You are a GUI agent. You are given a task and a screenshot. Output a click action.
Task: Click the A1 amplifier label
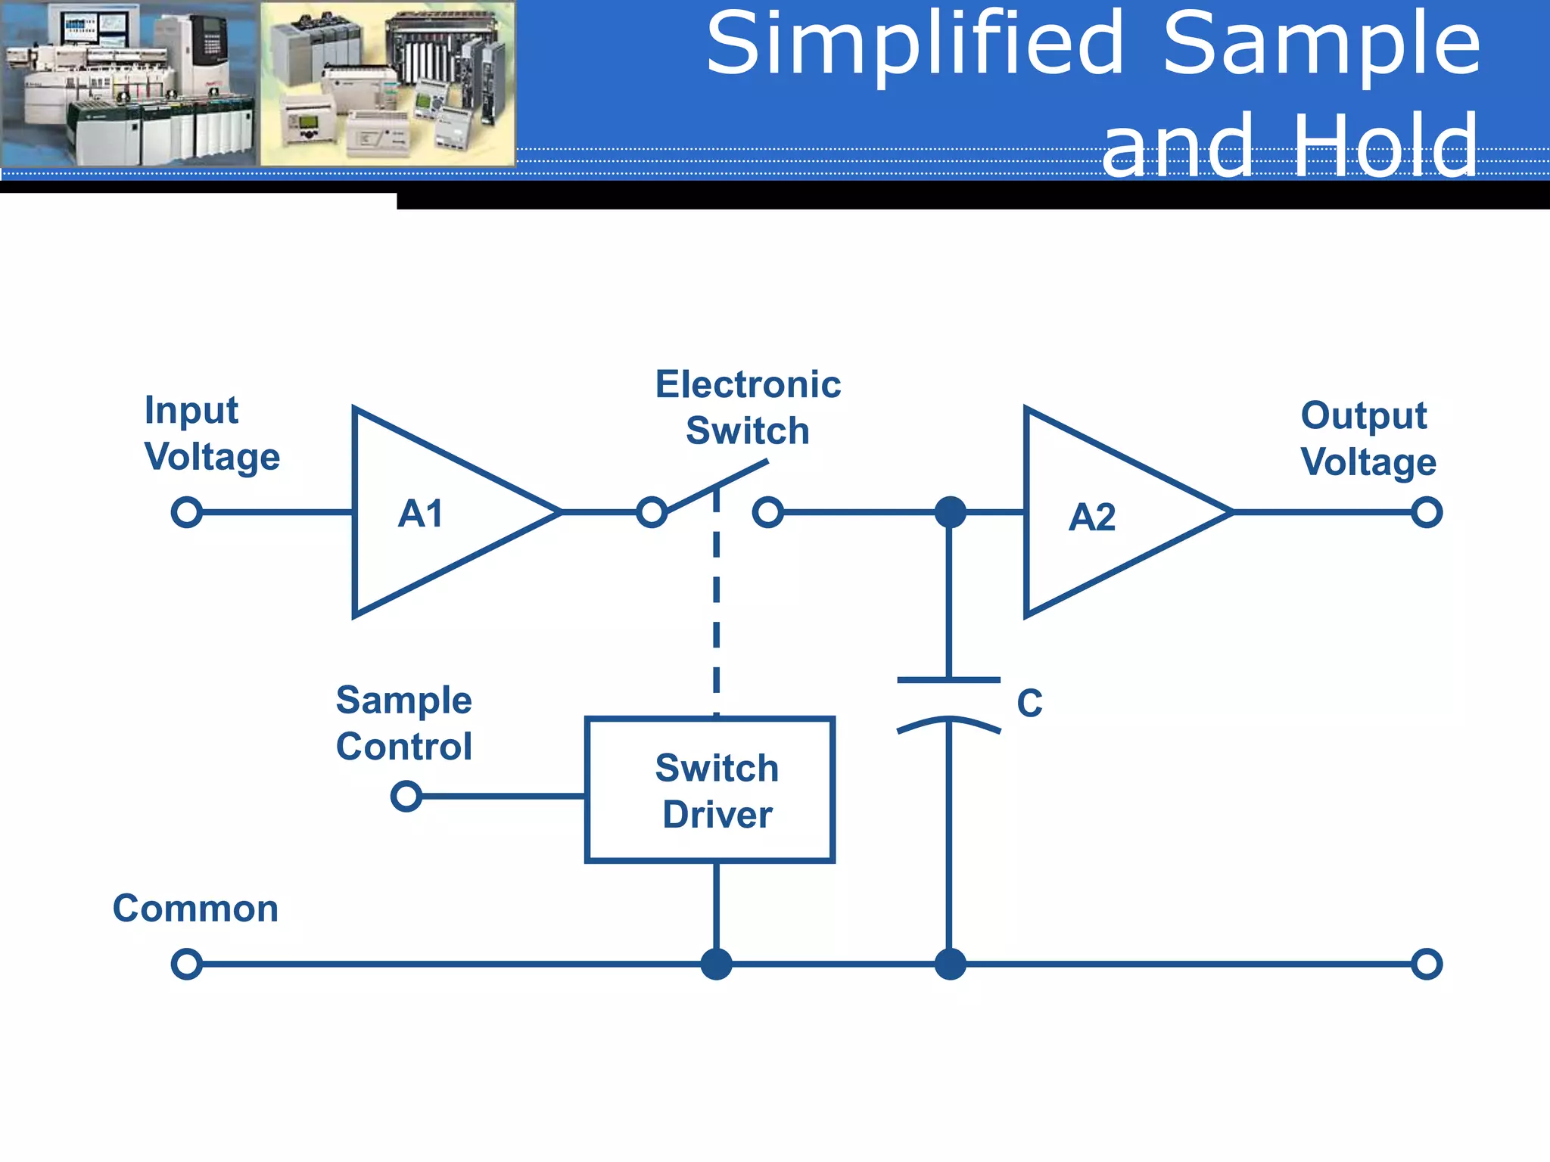[421, 514]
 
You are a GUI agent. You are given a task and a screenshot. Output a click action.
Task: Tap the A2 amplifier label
[1091, 517]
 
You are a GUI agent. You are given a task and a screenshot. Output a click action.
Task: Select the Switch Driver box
[710, 789]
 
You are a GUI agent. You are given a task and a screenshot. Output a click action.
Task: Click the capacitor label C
[1029, 704]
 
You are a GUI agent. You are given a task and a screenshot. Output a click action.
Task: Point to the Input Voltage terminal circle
[187, 512]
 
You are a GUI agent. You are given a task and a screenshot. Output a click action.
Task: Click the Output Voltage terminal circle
[1427, 512]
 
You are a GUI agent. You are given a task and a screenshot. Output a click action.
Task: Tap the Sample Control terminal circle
[406, 796]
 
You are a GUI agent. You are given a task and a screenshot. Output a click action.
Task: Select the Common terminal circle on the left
[187, 964]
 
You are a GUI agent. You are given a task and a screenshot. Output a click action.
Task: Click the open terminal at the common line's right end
[1427, 964]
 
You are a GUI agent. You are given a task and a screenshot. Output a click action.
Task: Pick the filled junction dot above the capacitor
[950, 512]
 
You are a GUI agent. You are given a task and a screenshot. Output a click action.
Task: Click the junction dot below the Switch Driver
[716, 964]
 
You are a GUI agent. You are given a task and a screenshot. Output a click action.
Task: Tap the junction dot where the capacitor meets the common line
[950, 964]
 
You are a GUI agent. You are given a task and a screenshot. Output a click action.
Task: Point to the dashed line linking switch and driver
[716, 605]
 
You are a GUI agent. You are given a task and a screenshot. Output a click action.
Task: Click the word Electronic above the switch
[748, 384]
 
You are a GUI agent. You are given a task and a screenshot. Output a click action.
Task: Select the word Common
[195, 908]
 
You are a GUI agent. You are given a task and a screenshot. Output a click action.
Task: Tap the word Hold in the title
[1385, 146]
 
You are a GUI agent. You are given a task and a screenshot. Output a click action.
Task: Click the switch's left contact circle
[652, 512]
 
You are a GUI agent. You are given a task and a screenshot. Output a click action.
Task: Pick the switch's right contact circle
[767, 512]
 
